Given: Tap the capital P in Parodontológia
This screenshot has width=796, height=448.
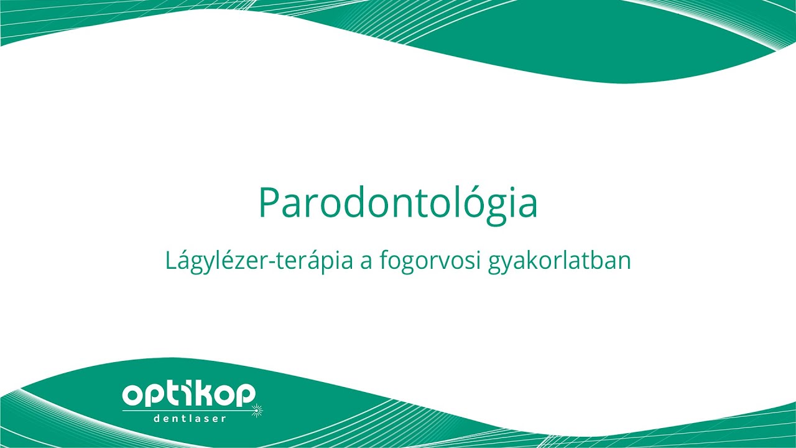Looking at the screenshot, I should (x=268, y=202).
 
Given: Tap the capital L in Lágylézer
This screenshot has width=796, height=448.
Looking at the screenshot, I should (x=171, y=261).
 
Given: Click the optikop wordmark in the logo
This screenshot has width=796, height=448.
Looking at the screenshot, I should (x=189, y=394).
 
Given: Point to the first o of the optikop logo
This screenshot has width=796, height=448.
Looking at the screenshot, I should (x=134, y=395).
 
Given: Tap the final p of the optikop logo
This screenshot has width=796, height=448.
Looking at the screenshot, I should (x=245, y=396).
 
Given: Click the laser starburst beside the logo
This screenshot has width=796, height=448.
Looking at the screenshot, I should (x=256, y=410).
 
